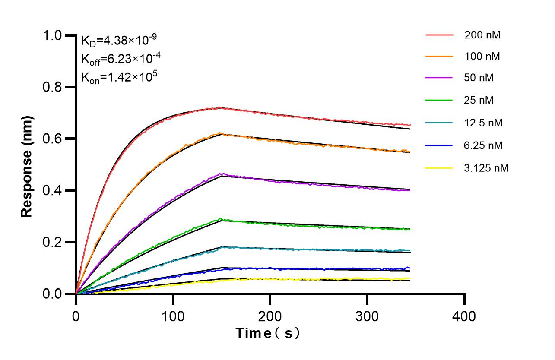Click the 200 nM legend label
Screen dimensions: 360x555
pos(482,35)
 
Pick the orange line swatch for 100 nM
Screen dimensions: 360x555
pos(439,56)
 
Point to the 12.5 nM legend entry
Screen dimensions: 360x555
pos(483,123)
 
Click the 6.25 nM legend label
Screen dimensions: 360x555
pos(483,145)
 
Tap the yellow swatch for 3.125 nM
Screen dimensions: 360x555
pos(439,168)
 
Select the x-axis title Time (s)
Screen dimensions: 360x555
pos(268,333)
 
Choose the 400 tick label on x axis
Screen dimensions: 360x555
pos(464,316)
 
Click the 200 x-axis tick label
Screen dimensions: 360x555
pos(270,316)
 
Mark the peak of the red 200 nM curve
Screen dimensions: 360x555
pos(220,107)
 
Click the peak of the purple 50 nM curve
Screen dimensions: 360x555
pos(222,174)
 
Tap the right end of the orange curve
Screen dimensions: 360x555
pos(409,152)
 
